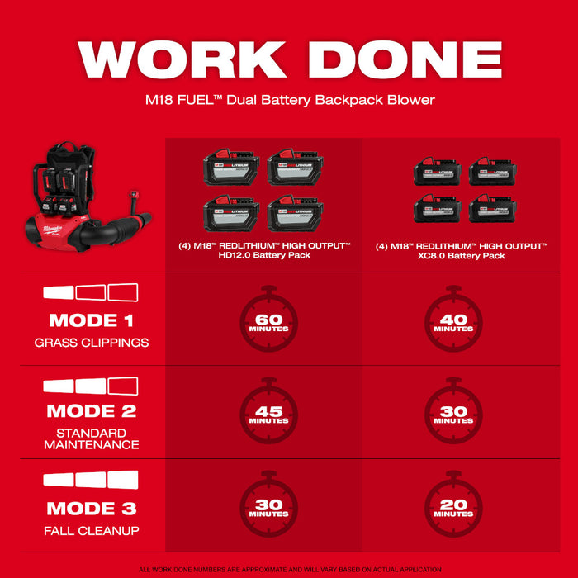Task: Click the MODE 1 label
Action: point(91,320)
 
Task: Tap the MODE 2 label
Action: point(91,410)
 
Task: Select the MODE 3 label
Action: point(91,509)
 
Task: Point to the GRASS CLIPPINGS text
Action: point(91,342)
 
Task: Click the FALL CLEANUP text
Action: point(91,530)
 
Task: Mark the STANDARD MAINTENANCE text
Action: point(91,438)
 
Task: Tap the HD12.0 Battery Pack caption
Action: point(264,251)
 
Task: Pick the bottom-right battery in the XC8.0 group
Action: point(492,210)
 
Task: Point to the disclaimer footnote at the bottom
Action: point(289,570)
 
